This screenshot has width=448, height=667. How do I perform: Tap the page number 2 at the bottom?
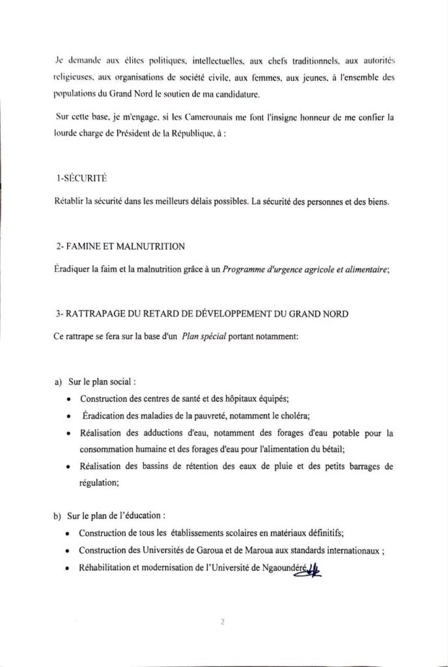tap(223, 621)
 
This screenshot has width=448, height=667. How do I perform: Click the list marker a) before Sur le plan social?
tap(58, 381)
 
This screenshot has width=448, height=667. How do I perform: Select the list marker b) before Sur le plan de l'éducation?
tap(58, 517)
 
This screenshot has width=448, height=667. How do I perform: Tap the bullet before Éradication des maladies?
tap(69, 416)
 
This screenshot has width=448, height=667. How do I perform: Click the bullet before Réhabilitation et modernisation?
tap(69, 568)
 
